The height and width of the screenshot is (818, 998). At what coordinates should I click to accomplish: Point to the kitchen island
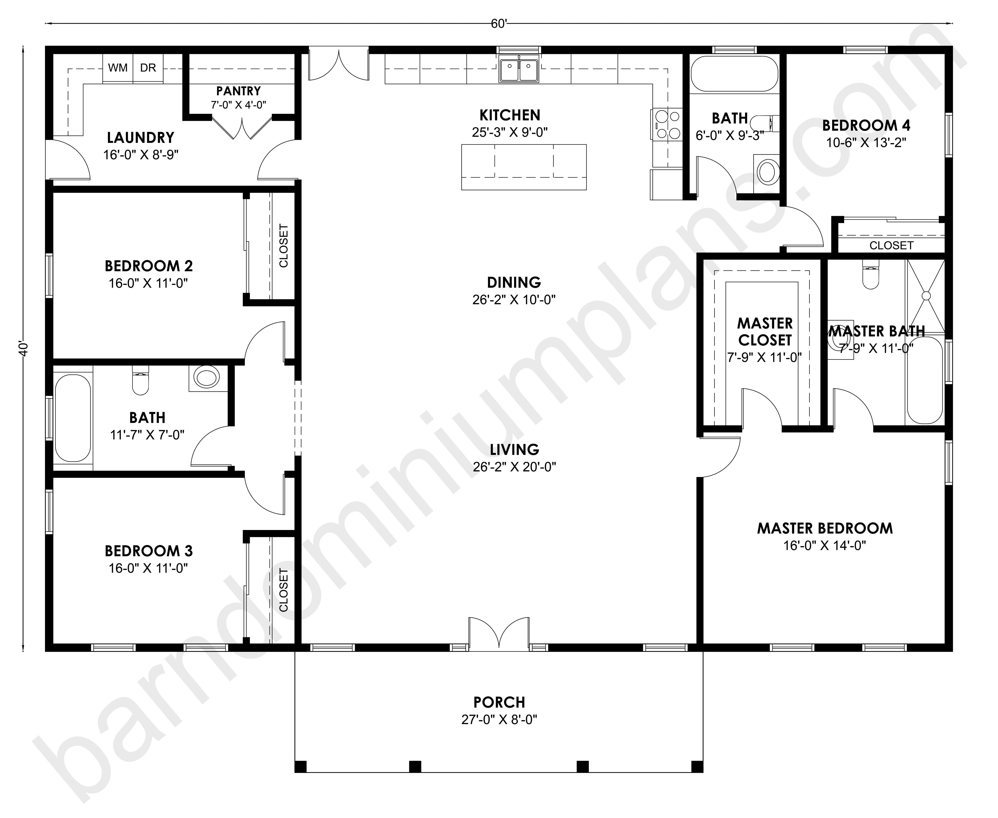point(524,167)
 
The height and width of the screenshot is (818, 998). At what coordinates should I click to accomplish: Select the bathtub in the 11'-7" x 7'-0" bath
point(73,417)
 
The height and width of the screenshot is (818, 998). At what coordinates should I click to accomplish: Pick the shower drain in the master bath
point(926,296)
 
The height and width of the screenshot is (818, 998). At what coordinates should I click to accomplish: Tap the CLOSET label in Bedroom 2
point(283,246)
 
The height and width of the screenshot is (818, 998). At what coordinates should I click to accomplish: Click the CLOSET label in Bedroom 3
point(283,590)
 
